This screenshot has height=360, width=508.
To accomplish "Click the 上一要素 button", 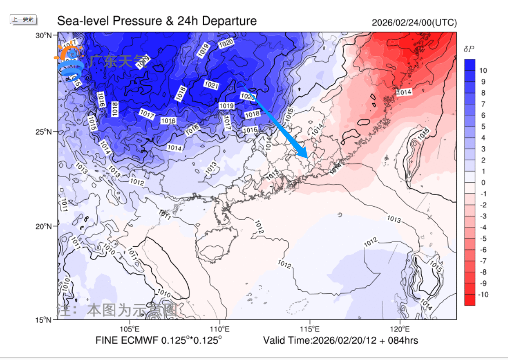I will (x=23, y=19).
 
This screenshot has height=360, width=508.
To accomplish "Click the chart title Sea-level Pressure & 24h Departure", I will (x=157, y=21).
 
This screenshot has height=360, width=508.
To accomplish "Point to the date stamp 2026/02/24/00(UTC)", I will (x=414, y=23).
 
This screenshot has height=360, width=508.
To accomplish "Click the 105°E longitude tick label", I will (x=130, y=329).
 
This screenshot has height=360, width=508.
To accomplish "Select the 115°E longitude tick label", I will (x=310, y=329).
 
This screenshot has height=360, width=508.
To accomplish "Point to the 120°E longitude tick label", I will (x=400, y=329).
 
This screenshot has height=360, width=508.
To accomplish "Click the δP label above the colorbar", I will (x=469, y=49).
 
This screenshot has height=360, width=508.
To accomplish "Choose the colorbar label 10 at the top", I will (x=483, y=70).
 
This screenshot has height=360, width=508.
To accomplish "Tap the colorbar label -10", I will (x=482, y=295).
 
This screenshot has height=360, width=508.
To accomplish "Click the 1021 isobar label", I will (x=212, y=85).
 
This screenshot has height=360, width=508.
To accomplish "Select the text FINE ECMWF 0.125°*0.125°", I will (x=159, y=340).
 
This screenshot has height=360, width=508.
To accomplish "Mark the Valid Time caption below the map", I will (x=340, y=340).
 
